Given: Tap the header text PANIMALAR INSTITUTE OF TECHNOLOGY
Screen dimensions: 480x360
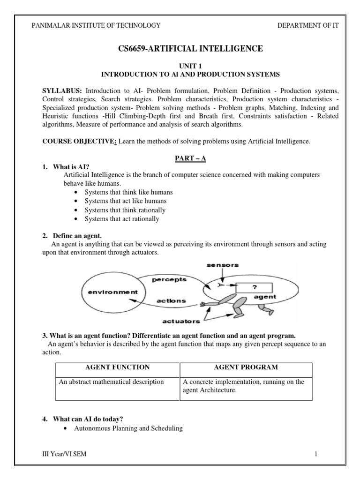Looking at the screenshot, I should pos(96,25).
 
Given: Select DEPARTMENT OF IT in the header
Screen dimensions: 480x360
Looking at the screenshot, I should pos(307,25).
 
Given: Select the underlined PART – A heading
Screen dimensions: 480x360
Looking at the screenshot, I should pos(190,158).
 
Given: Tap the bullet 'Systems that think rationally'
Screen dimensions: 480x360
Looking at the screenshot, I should pos(125,210).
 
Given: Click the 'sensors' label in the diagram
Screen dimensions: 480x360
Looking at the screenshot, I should pos(223,265).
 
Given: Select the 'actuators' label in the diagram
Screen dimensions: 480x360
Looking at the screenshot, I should pos(181,321).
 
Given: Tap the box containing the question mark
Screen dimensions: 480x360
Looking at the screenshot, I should pos(255,287).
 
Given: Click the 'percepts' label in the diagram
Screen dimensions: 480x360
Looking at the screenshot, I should pos(169,280).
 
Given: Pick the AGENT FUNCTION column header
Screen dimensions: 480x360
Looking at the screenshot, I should pos(117,367).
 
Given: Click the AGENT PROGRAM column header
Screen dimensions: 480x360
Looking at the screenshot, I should pos(246,367).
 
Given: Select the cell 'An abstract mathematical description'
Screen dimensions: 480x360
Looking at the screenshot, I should pos(111,382).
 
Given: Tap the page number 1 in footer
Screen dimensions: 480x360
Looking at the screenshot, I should pos(316,454).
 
